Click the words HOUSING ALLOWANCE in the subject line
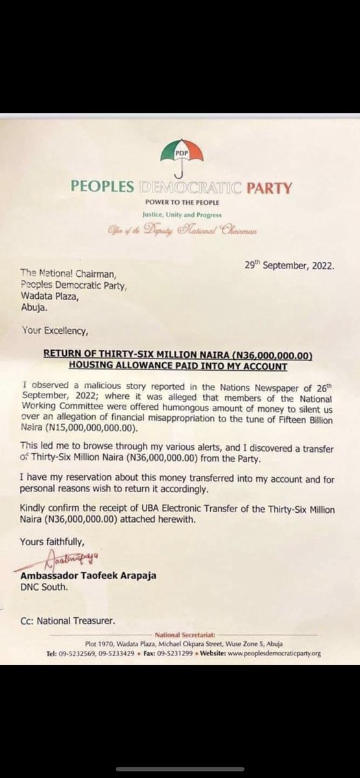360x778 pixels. (x=130, y=367)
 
